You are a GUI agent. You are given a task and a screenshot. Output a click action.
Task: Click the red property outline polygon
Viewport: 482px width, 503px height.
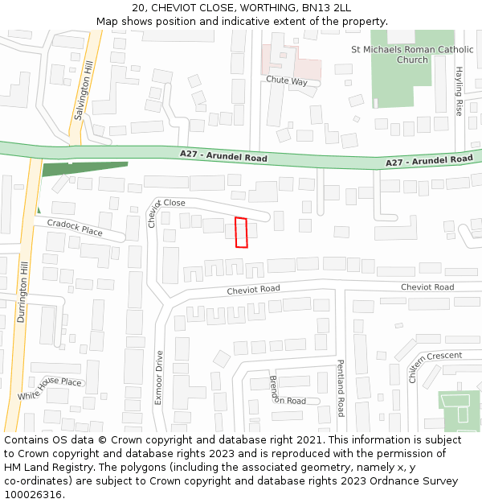[x=240, y=232]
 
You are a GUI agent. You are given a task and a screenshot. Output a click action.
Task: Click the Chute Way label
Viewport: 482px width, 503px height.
[x=287, y=81]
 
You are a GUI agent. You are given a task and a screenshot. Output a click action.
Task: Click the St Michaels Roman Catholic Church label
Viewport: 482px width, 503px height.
[x=412, y=54]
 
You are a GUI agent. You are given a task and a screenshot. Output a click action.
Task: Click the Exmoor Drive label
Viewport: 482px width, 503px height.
[x=158, y=377]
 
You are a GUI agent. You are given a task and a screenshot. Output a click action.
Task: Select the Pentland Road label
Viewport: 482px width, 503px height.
[x=341, y=388]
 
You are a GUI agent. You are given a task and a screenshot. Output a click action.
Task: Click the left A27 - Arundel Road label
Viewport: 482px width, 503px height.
[x=223, y=157]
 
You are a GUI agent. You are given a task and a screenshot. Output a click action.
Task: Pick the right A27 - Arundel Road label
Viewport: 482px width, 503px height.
[x=429, y=161]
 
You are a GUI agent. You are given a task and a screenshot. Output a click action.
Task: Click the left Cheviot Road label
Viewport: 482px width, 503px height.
[x=253, y=289]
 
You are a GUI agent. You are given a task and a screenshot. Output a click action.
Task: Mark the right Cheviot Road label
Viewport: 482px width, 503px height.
[x=427, y=287]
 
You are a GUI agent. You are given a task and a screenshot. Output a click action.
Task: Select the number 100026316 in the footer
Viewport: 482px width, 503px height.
[x=34, y=494]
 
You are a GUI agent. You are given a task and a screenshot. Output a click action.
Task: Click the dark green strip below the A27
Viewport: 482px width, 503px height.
[x=80, y=169]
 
